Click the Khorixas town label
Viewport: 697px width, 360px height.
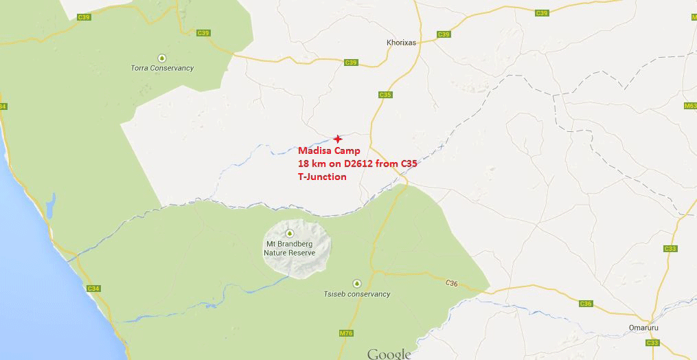coord(402,42)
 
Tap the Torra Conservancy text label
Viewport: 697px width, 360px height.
coord(162,68)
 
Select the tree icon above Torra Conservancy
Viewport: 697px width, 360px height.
coord(161,57)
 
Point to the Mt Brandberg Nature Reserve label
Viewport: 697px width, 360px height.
coord(290,248)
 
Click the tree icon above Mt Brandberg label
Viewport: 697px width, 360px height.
coord(290,234)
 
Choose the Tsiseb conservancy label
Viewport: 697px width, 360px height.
coord(356,294)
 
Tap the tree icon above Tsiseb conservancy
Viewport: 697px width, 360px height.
coord(356,283)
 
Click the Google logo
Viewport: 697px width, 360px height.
coord(389,354)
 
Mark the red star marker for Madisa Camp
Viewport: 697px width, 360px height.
coord(336,139)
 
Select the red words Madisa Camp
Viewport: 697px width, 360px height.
coord(329,151)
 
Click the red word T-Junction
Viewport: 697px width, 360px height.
coord(322,177)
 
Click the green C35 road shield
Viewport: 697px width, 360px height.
coord(384,95)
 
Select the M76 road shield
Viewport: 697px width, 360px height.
coord(345,334)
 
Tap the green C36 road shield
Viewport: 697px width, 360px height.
coord(585,303)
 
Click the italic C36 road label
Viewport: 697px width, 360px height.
coord(450,282)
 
